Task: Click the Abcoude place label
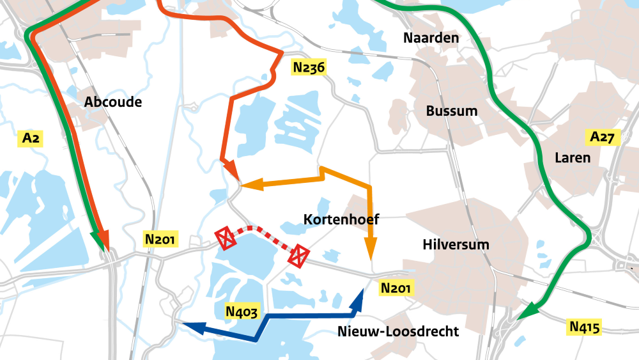(x=113, y=102)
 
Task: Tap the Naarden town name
(x=431, y=38)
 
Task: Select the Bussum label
(x=452, y=111)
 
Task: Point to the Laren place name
(x=573, y=157)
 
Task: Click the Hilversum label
(x=456, y=244)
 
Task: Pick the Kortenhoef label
(x=341, y=220)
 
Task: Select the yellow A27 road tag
(x=602, y=137)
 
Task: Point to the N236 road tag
(x=309, y=67)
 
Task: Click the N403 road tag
(x=242, y=312)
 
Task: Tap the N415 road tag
(x=585, y=327)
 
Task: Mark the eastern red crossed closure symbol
(x=298, y=257)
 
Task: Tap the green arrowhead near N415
(x=527, y=311)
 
